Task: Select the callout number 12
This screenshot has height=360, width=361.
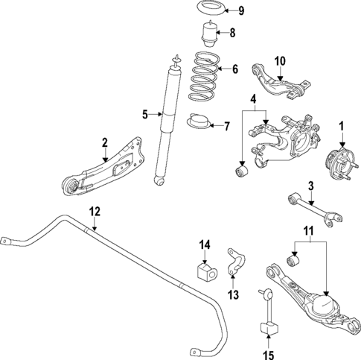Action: (x=93, y=210)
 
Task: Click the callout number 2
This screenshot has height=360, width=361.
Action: (x=105, y=142)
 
